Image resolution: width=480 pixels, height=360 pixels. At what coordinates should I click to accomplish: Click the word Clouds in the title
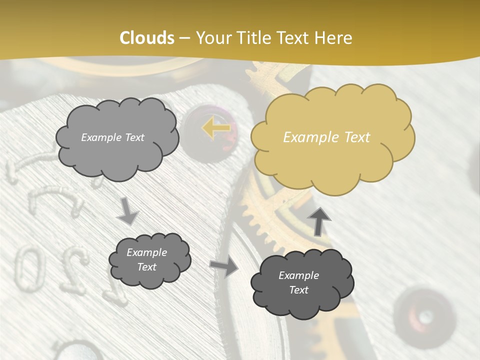[147, 38]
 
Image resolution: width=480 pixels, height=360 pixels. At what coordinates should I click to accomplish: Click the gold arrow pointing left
[216, 128]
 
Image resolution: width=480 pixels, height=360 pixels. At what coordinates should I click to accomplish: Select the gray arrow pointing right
[224, 266]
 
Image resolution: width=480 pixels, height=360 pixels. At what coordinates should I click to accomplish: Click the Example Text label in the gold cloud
[326, 137]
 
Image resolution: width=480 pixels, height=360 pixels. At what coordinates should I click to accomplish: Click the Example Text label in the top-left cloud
[112, 137]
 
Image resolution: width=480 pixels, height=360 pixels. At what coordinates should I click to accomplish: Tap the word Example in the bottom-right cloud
[298, 275]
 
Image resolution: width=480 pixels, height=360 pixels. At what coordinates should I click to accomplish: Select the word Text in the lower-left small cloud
[147, 267]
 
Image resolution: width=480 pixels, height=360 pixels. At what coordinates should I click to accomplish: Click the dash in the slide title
[184, 38]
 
